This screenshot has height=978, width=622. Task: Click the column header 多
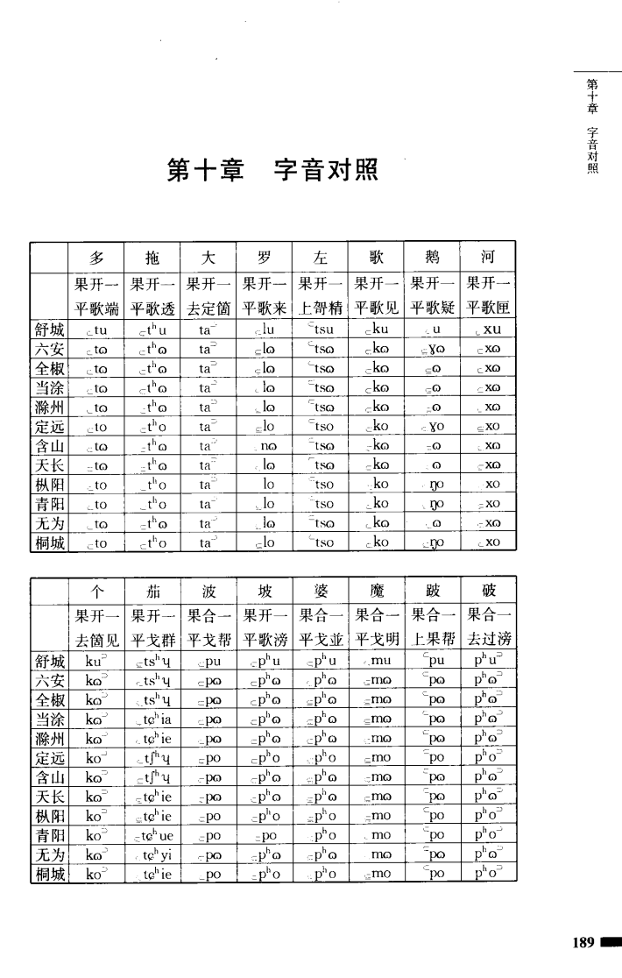tap(97, 257)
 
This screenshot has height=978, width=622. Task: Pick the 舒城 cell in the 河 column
tap(488, 330)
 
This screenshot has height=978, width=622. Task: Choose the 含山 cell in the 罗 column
tap(265, 446)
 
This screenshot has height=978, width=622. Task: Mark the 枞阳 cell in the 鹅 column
tap(432, 484)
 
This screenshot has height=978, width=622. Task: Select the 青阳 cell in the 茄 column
tap(153, 836)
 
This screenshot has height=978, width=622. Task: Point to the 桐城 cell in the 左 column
tap(321, 542)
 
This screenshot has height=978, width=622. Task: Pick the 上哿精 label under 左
tap(321, 308)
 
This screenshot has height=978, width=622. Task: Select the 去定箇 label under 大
tap(209, 308)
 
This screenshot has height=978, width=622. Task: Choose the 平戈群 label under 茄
tap(153, 640)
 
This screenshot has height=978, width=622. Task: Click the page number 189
tap(583, 943)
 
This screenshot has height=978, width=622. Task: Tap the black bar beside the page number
tap(611, 943)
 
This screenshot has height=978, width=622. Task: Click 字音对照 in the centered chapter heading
tap(326, 169)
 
